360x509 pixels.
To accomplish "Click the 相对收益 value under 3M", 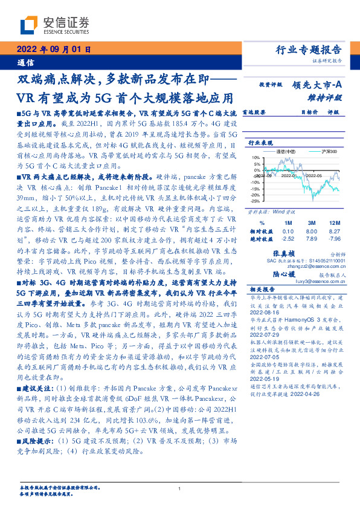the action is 312,231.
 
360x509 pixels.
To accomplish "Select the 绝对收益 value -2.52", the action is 288,238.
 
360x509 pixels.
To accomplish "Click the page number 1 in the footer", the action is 180,488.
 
